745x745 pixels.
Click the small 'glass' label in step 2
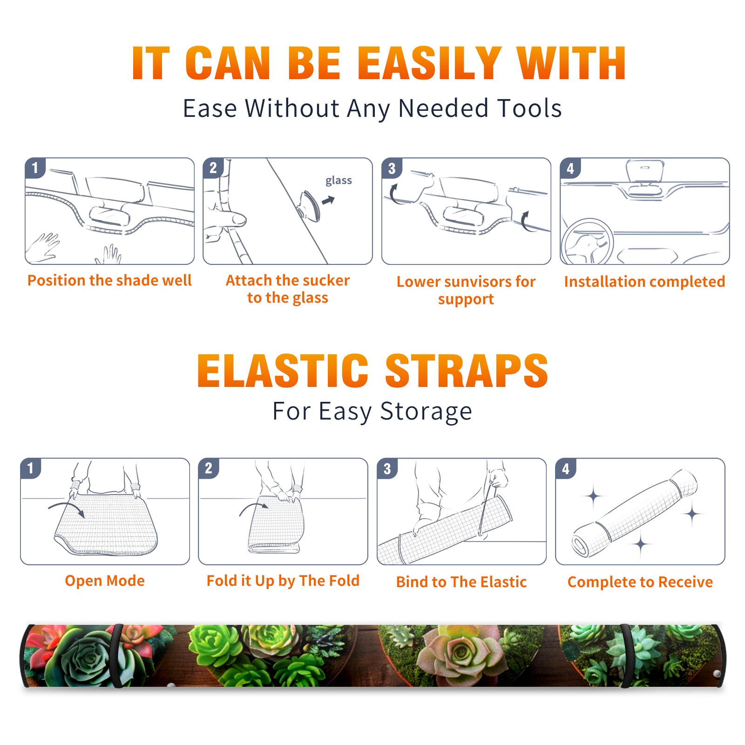click(x=339, y=181)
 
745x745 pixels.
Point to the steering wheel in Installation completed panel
click(x=587, y=242)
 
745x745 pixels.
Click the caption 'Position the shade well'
click(x=109, y=280)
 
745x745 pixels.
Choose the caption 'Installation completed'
click(x=644, y=281)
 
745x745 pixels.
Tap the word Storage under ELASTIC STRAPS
click(x=426, y=412)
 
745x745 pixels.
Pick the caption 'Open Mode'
click(x=105, y=581)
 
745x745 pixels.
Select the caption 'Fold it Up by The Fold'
click(x=283, y=581)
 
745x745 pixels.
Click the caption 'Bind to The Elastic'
click(x=461, y=582)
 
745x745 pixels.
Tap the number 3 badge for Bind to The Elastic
click(x=387, y=468)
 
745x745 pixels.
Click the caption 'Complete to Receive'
click(x=640, y=582)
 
